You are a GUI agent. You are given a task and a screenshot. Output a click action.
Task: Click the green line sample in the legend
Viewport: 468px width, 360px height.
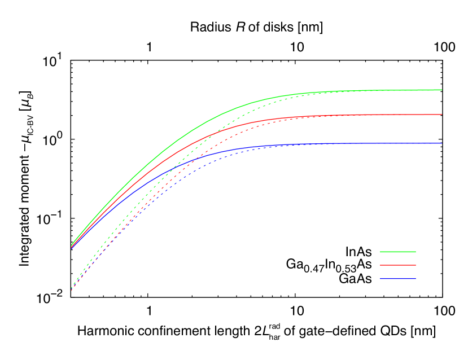398,252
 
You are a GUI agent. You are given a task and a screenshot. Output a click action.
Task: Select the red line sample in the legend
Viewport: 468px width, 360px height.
398,265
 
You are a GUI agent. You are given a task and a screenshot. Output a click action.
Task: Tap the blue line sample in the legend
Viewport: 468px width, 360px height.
398,279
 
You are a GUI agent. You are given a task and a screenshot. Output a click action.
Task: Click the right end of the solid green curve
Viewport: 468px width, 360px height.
441,90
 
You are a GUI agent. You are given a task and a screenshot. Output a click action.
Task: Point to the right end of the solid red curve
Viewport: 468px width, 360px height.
441,115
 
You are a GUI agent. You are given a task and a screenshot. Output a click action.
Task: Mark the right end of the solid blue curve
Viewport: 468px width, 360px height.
441,143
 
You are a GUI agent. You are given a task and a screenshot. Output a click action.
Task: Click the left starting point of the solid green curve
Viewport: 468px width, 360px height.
72,245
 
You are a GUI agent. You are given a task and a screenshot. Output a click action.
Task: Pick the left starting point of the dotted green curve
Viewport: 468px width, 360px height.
72,288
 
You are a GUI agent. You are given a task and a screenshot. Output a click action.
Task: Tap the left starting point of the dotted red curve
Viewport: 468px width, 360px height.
72,291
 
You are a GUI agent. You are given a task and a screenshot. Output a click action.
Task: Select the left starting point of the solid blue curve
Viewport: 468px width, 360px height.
72,248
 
